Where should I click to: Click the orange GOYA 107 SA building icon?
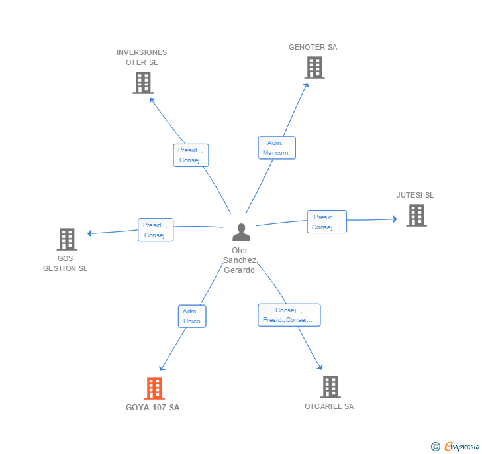pyautogui.click(x=154, y=388)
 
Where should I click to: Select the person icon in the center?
pyautogui.click(x=241, y=232)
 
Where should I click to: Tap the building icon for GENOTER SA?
pyautogui.click(x=314, y=68)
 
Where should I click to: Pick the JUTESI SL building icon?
pyautogui.click(x=416, y=215)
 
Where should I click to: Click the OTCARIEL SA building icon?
pyautogui.click(x=330, y=387)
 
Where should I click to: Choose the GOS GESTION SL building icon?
pyautogui.click(x=67, y=239)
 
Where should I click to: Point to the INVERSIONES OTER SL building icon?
pyautogui.click(x=143, y=83)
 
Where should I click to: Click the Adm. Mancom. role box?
pyautogui.click(x=277, y=148)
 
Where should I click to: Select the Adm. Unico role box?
pyautogui.click(x=192, y=316)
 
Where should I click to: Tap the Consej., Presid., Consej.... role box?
pyautogui.click(x=289, y=315)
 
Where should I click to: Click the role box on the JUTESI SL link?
pyautogui.click(x=327, y=221)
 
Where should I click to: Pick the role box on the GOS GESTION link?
pyautogui.click(x=156, y=229)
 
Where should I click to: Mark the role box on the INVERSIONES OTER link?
pyautogui.click(x=191, y=155)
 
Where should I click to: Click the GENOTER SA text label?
pyautogui.click(x=313, y=47)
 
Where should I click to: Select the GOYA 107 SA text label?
pyautogui.click(x=152, y=407)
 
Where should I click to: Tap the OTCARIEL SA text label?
pyautogui.click(x=329, y=406)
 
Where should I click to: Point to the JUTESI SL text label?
pyautogui.click(x=415, y=195)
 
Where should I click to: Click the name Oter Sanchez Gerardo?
pyautogui.click(x=240, y=260)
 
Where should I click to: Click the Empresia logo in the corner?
pyautogui.click(x=456, y=446)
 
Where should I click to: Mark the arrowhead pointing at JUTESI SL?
pyautogui.click(x=395, y=219)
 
